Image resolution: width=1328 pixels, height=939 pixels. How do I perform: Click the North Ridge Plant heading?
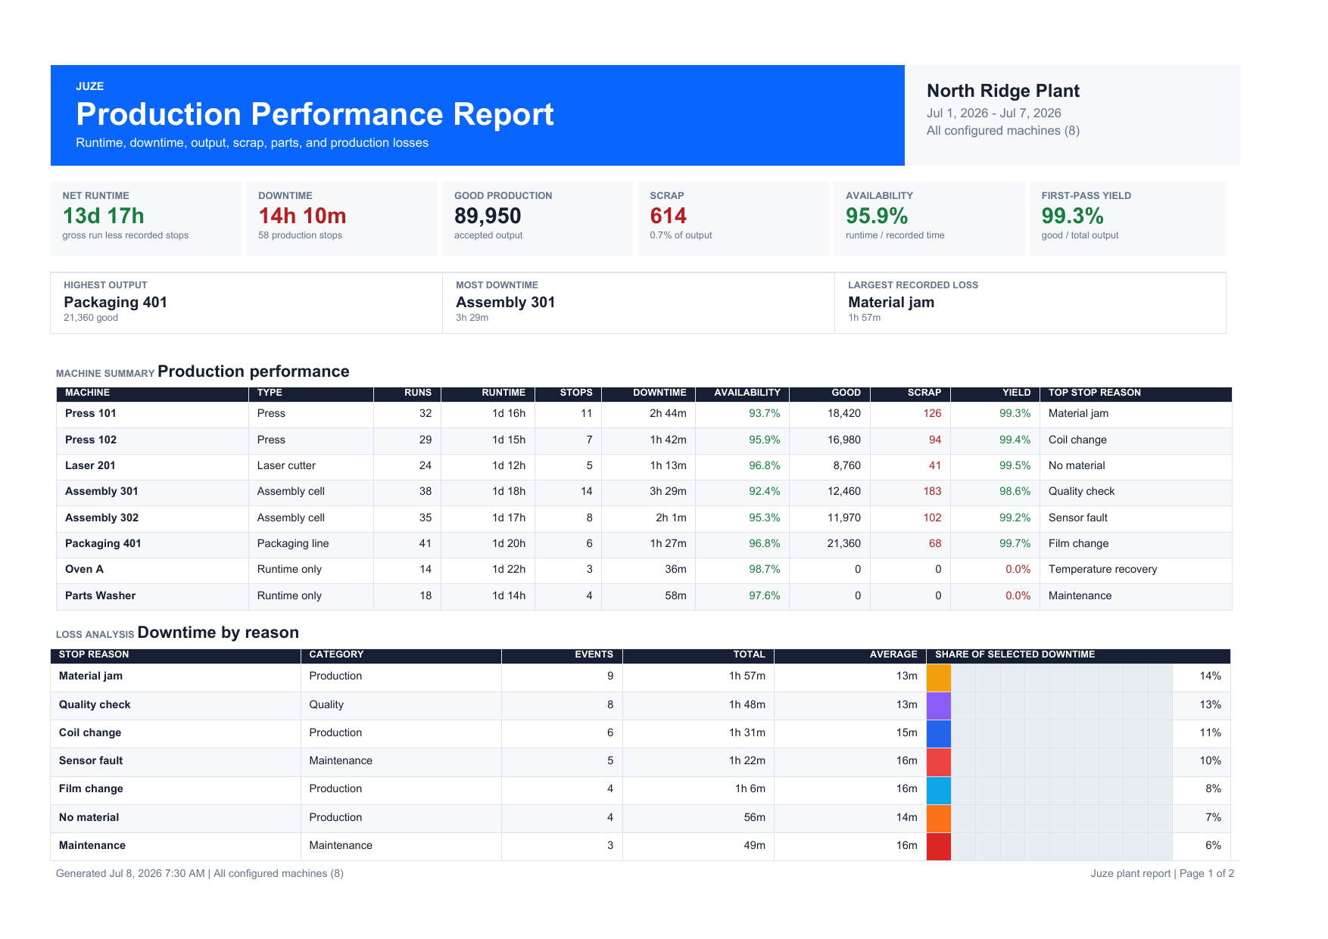pyautogui.click(x=1002, y=91)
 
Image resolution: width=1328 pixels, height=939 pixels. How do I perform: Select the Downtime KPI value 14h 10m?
pyautogui.click(x=302, y=216)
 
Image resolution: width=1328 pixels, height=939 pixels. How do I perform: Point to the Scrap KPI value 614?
pyautogui.click(x=668, y=216)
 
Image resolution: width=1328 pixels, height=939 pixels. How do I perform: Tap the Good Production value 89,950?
pyautogui.click(x=488, y=216)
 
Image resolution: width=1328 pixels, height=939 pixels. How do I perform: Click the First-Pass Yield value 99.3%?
pyautogui.click(x=1072, y=216)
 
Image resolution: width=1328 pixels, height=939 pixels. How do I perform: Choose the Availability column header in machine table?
pyautogui.click(x=747, y=393)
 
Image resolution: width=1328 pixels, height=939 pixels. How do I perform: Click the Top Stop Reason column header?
pyautogui.click(x=1094, y=393)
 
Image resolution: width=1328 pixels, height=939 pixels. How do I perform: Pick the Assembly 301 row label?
pyautogui.click(x=101, y=491)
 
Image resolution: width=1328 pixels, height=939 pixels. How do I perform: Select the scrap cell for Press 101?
pyautogui.click(x=932, y=413)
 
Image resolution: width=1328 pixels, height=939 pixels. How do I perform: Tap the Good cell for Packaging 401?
pyautogui.click(x=844, y=543)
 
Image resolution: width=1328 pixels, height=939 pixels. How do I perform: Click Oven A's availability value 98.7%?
pyautogui.click(x=765, y=569)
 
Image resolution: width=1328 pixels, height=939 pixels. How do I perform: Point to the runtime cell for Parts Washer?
pyautogui.click(x=509, y=595)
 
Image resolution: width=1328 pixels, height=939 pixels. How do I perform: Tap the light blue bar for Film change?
pyautogui.click(x=939, y=790)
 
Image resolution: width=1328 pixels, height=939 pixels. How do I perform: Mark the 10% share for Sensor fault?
pyautogui.click(x=1210, y=760)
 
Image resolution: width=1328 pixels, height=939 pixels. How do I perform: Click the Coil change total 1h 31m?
pyautogui.click(x=747, y=732)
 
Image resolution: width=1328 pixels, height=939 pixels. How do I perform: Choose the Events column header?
pyautogui.click(x=594, y=655)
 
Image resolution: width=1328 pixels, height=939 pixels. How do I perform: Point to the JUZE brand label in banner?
pyautogui.click(x=90, y=86)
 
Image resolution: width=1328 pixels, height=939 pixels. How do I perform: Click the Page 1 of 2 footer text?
pyautogui.click(x=1207, y=873)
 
